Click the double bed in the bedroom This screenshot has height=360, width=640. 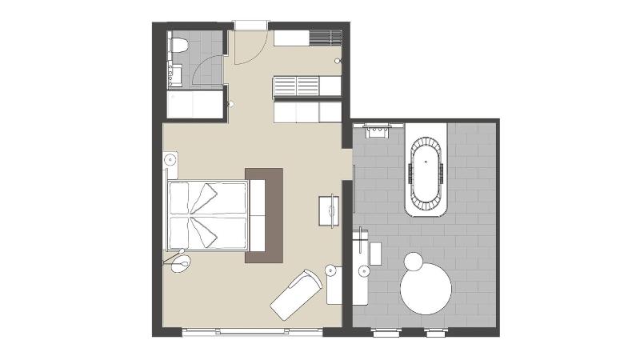pyautogui.click(x=207, y=214)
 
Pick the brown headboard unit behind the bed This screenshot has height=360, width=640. pyautogui.click(x=264, y=214)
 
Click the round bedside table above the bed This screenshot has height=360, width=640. pyautogui.click(x=170, y=160)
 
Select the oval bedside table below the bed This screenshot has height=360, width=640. pyautogui.click(x=180, y=265)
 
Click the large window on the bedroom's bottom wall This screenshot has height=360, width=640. pyautogui.click(x=252, y=331)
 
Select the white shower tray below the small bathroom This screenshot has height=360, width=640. pyautogui.click(x=195, y=104)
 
